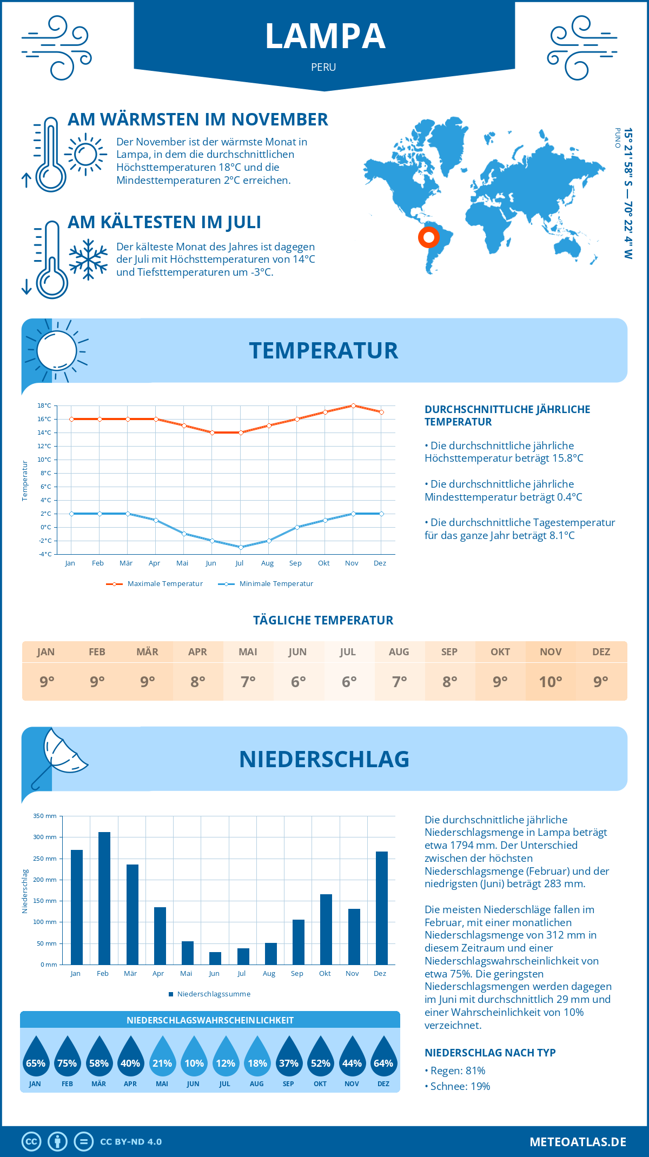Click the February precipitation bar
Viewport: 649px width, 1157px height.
(x=104, y=898)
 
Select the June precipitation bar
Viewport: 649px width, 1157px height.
(x=215, y=958)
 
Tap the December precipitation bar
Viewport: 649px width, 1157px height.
(x=382, y=908)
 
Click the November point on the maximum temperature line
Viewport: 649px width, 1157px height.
(x=353, y=405)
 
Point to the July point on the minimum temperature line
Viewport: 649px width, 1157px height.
(x=241, y=547)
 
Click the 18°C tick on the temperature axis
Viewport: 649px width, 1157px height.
(x=44, y=405)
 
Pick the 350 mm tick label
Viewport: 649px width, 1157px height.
(x=45, y=816)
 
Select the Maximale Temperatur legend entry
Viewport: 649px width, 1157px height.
(x=155, y=584)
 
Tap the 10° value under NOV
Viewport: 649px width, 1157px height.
(x=551, y=682)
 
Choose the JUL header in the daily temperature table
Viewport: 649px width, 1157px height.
(x=348, y=652)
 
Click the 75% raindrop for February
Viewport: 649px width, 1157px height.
(x=67, y=1057)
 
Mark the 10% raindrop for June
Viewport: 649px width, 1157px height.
(x=194, y=1057)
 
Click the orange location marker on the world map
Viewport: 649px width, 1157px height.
(x=429, y=237)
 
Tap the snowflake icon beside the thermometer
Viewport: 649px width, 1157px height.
(x=88, y=260)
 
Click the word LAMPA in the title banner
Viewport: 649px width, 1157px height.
(x=325, y=37)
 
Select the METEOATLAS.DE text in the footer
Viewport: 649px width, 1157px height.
(x=578, y=1141)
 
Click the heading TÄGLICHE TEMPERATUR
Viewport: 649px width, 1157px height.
(x=323, y=620)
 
